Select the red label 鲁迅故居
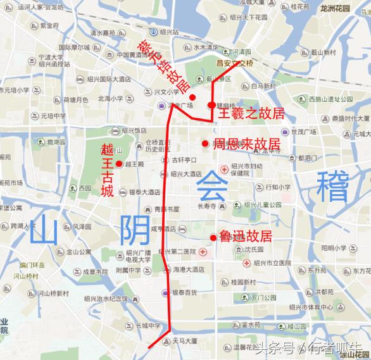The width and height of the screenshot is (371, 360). pyautogui.click(x=245, y=237)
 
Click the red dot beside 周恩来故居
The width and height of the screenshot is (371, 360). pyautogui.click(x=204, y=144)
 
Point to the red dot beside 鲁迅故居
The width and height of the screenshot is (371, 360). pyautogui.click(x=213, y=237)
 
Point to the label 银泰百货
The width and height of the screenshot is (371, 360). pyautogui.click(x=184, y=292)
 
